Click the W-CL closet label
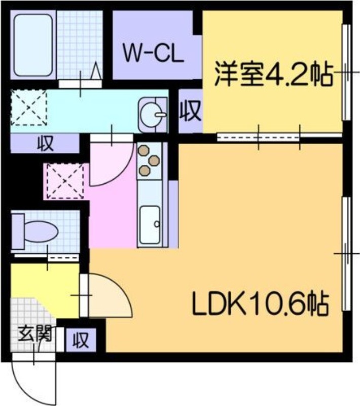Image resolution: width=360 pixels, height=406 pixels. tap(153, 53)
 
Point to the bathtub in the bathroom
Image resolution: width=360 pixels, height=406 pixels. tap(33, 45)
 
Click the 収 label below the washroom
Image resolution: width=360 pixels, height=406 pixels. tap(45, 144)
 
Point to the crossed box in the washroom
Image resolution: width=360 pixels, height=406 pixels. tap(28, 108)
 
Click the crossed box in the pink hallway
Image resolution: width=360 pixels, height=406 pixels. tap(64, 181)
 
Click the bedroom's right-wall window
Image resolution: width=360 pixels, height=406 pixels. tap(346, 74)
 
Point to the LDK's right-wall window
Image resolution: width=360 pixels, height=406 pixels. tap(346, 254)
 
